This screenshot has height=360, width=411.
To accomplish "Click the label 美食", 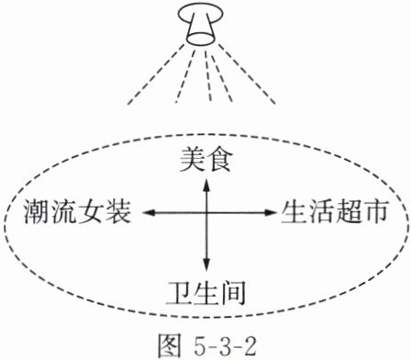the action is click(x=205, y=161).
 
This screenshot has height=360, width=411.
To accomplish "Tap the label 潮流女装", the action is click(x=78, y=211).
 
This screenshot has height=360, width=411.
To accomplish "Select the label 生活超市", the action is click(x=335, y=211).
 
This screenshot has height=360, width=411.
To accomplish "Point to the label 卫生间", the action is click(x=205, y=293).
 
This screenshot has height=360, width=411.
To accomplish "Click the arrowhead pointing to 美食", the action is click(x=206, y=186).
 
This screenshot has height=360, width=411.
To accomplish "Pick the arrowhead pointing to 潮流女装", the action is click(x=148, y=212).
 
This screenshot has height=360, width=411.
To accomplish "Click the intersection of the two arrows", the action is click(x=206, y=212).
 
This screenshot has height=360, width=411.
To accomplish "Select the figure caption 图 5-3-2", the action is click(x=207, y=345).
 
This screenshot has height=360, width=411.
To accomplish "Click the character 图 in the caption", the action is click(x=169, y=345).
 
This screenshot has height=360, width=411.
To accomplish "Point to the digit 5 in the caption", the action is click(x=200, y=346).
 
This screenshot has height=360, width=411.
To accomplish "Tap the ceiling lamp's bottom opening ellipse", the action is click(x=201, y=39).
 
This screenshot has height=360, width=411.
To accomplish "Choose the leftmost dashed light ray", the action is click(x=155, y=74).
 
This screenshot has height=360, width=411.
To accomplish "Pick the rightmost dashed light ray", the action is click(x=247, y=73).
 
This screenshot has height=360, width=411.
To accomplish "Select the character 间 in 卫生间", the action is click(x=233, y=293).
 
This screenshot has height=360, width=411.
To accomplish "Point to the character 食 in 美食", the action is click(x=218, y=161).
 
